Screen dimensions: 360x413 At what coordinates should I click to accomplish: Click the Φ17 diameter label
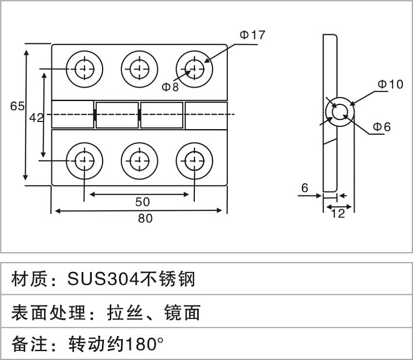[x=253, y=35]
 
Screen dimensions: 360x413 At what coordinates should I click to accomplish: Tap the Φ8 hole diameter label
[x=170, y=87]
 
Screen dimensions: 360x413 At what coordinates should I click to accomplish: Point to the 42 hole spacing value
[x=36, y=118]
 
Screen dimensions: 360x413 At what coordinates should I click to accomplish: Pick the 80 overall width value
[x=145, y=219]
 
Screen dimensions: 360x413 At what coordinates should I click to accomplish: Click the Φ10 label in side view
[x=391, y=84]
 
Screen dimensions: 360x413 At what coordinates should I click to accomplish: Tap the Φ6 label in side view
[x=382, y=127]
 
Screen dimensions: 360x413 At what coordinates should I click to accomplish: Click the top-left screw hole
[x=85, y=68]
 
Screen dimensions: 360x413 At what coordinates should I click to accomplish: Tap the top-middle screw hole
[x=139, y=68]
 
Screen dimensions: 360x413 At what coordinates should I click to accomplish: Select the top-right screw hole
[x=194, y=68]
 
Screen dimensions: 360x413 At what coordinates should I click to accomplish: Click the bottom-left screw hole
[x=85, y=160]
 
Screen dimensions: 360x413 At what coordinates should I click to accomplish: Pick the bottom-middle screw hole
[x=139, y=160]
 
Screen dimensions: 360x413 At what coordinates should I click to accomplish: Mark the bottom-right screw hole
[x=194, y=160]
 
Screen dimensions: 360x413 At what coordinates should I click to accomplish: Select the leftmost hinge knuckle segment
[x=73, y=115]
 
